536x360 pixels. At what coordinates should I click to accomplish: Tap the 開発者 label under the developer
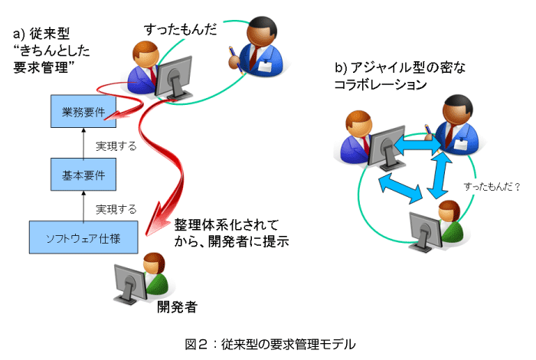pyautogui.click(x=177, y=308)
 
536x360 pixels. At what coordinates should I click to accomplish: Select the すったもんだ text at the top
pyautogui.click(x=181, y=28)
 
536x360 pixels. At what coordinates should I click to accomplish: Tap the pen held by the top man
pyautogui.click(x=231, y=55)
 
